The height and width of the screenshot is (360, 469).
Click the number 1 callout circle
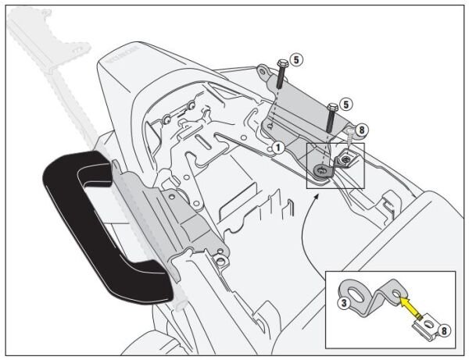coord(277,146)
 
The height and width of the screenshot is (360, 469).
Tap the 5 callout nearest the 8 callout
coord(348,103)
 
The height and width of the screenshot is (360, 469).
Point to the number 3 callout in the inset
coord(344,303)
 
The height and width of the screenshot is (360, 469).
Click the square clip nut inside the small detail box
coord(344,160)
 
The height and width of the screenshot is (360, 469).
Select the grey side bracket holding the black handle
coord(184,219)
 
